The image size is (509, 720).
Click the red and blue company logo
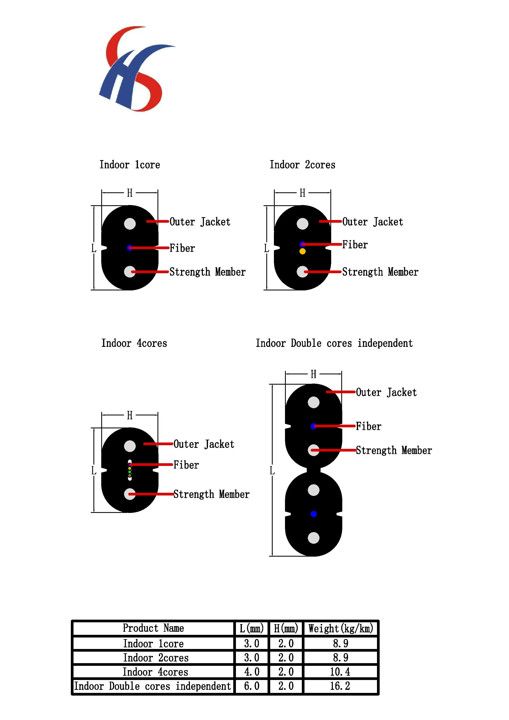[x=137, y=69]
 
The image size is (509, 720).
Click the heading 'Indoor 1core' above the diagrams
[x=130, y=165]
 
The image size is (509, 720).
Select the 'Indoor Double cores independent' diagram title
[x=334, y=343]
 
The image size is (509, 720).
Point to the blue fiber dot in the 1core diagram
[x=130, y=248]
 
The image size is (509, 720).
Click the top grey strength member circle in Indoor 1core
[x=130, y=224]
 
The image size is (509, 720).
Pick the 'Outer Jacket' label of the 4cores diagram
[x=204, y=444]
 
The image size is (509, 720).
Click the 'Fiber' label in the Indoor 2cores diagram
[x=355, y=245]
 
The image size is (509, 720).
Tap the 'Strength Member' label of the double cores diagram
[x=394, y=450]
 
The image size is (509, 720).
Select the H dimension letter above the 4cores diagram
[x=130, y=415]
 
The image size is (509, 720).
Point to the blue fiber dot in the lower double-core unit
[x=314, y=514]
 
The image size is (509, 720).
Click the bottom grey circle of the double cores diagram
[x=314, y=538]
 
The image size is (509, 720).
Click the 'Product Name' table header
[x=153, y=628]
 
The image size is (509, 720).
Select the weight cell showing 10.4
[x=340, y=672]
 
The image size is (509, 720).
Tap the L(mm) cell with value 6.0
[x=252, y=686]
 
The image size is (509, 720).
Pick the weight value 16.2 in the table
[x=340, y=686]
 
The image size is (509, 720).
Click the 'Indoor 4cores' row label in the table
[x=155, y=672]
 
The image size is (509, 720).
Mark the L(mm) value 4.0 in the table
[x=252, y=672]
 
